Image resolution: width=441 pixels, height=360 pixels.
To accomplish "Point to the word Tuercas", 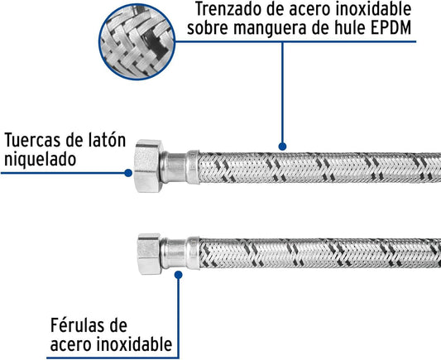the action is [33, 140].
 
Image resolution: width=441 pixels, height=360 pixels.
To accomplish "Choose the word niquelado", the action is [41, 159].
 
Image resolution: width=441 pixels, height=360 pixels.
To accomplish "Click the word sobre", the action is [209, 28].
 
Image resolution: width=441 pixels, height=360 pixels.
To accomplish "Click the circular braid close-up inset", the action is [137, 42].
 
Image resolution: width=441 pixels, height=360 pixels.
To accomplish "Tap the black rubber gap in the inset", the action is [153, 43].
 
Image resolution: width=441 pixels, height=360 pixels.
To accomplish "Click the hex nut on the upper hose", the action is [148, 166].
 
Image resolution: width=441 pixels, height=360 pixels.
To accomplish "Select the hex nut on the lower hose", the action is [149, 254].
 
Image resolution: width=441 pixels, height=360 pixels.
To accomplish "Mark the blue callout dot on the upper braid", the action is [282, 146].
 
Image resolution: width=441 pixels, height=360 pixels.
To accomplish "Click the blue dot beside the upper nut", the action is [128, 173].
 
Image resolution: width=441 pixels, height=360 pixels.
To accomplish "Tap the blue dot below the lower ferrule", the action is [179, 275].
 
